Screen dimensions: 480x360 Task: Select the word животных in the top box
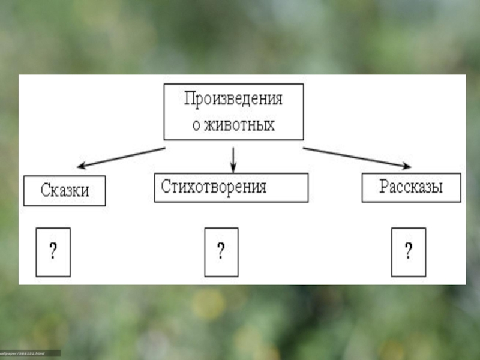tap(241, 125)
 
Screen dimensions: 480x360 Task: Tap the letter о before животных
tap(196, 126)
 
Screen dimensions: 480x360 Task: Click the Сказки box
tap(65, 190)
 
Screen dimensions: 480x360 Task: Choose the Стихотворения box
tap(231, 187)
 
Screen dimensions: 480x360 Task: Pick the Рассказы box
tap(411, 187)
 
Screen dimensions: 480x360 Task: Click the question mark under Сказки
tap(53, 252)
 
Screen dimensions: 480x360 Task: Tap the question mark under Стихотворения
tap(221, 252)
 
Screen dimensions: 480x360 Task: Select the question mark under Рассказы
tap(409, 252)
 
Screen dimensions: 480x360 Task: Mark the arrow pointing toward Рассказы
tap(357, 157)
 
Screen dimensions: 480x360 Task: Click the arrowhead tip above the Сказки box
tap(77, 167)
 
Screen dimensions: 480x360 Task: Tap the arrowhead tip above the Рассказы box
tap(410, 167)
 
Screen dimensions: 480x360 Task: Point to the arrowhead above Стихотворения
tap(233, 169)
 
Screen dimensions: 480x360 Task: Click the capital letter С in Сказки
tap(46, 191)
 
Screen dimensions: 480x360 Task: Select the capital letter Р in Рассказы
tap(383, 187)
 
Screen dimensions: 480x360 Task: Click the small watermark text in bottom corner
tap(30, 353)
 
